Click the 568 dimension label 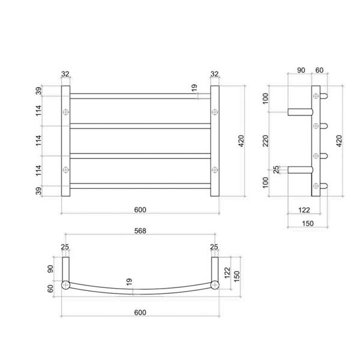(x=140, y=230)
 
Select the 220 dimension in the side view (x=265, y=141)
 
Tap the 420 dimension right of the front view (x=241, y=141)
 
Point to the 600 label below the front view (x=140, y=209)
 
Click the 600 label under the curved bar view (x=140, y=312)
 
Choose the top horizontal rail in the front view (x=140, y=96)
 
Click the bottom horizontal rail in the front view (x=140, y=186)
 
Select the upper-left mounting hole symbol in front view (x=65, y=112)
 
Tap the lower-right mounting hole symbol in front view (x=215, y=170)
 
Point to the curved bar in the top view (x=140, y=292)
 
